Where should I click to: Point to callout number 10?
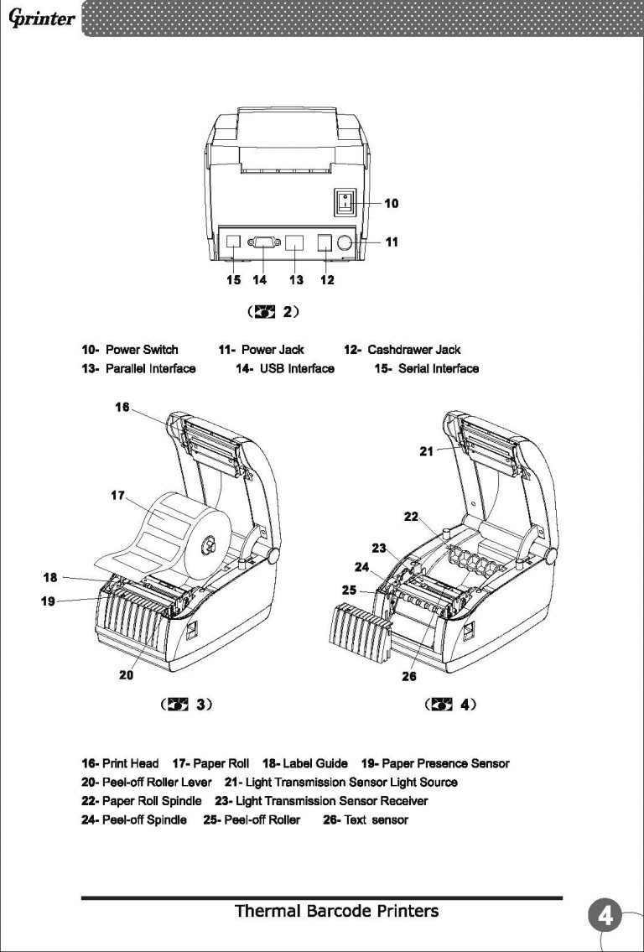coord(392,203)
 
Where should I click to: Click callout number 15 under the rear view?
coord(233,279)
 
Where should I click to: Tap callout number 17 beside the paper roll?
coord(118,496)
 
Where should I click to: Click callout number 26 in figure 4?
coord(410,676)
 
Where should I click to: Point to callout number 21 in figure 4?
coord(427,450)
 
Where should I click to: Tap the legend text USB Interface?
coord(296,369)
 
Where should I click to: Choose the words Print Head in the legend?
coord(130,763)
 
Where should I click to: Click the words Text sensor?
coord(376,819)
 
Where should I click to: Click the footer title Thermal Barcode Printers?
coord(336,911)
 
